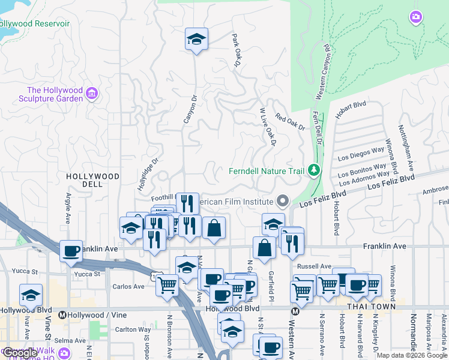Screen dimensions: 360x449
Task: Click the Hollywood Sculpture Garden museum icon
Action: coord(91,93)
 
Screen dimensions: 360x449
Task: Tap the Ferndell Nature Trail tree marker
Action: coord(313,171)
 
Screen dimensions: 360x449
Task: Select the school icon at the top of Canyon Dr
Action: coord(196,40)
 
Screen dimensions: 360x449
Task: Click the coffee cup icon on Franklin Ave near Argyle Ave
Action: coord(71,251)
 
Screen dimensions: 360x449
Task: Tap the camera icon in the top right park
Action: coord(415,17)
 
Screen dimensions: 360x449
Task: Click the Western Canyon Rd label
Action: coord(323,72)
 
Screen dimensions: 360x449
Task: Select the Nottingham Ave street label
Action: coord(406,147)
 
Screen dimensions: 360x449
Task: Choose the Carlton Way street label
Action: coord(133,329)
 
